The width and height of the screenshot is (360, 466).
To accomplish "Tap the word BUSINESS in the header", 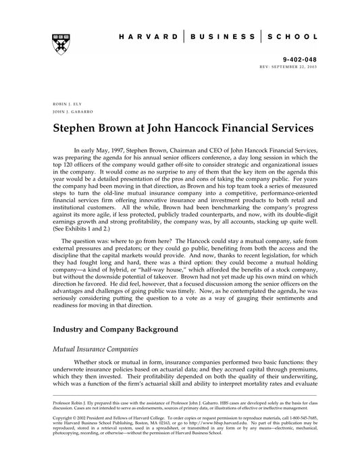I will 222,37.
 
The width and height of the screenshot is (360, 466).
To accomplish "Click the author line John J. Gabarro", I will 70,112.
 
